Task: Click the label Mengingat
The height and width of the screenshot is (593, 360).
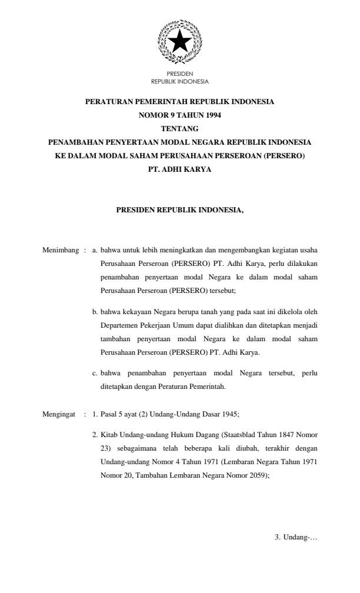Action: pyautogui.click(x=60, y=414)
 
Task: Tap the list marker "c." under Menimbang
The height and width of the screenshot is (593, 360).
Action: pyautogui.click(x=95, y=373)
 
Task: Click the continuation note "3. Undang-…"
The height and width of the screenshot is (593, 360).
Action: pyautogui.click(x=296, y=537)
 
